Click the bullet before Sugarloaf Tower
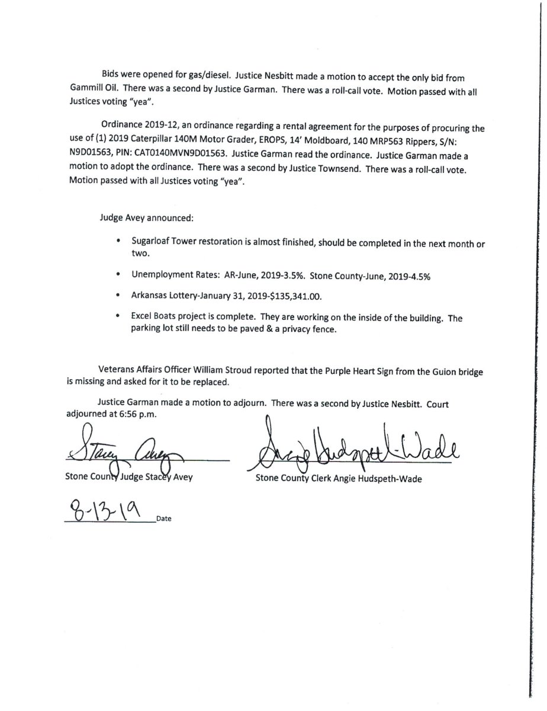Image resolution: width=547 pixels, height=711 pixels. point(119,241)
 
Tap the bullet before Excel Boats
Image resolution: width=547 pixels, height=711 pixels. point(119,318)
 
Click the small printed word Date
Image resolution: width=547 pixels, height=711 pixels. point(164,518)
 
